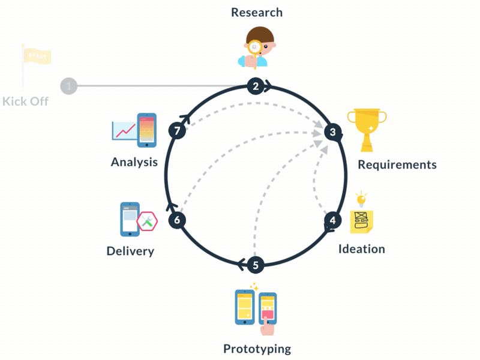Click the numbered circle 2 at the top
point(256,86)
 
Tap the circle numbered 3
point(332,131)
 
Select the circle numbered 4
point(332,220)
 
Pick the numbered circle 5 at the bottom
point(256,265)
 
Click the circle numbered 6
point(177,220)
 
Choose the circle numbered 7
point(177,131)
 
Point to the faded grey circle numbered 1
point(69,86)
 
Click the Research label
point(256,13)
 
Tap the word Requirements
point(397,164)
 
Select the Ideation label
point(361,248)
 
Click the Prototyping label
point(257,349)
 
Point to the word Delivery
point(130,251)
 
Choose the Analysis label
point(134,161)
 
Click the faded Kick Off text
point(25,101)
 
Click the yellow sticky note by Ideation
point(362,221)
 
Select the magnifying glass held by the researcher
point(256,46)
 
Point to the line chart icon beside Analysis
point(124,130)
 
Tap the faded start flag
point(35,58)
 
